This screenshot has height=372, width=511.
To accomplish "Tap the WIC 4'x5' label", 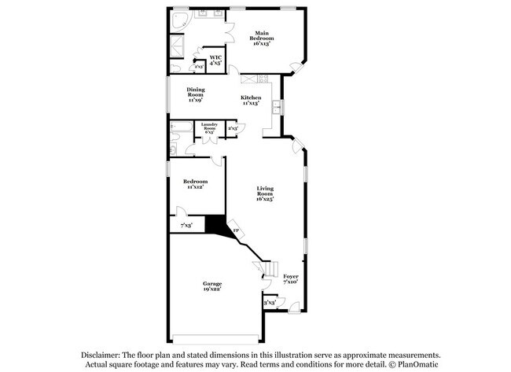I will click(215, 61).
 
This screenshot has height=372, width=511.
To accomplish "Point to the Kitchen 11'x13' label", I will click(251, 100).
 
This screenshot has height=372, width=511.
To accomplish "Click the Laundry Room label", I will click(208, 129).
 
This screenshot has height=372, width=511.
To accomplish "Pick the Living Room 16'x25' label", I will click(265, 193).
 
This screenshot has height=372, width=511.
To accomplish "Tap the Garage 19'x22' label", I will click(211, 286).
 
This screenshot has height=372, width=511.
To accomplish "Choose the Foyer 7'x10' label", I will click(291, 278).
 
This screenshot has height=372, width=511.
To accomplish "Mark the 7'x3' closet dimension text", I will click(186, 226).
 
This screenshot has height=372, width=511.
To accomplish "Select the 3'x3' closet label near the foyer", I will click(270, 302).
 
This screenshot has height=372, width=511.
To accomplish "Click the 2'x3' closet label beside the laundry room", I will click(233, 127).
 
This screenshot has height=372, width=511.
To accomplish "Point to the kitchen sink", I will click(277, 107).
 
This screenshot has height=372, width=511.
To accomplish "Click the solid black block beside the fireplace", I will click(215, 224).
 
